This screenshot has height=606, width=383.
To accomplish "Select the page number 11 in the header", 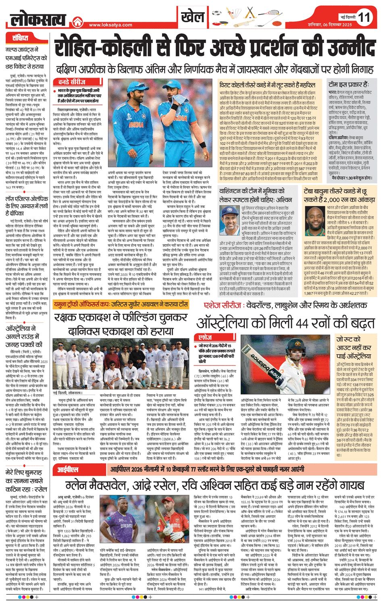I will click(364, 17).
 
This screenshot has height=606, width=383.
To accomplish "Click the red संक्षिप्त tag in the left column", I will click(20, 38).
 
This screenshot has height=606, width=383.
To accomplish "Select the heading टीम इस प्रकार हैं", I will click(348, 85).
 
